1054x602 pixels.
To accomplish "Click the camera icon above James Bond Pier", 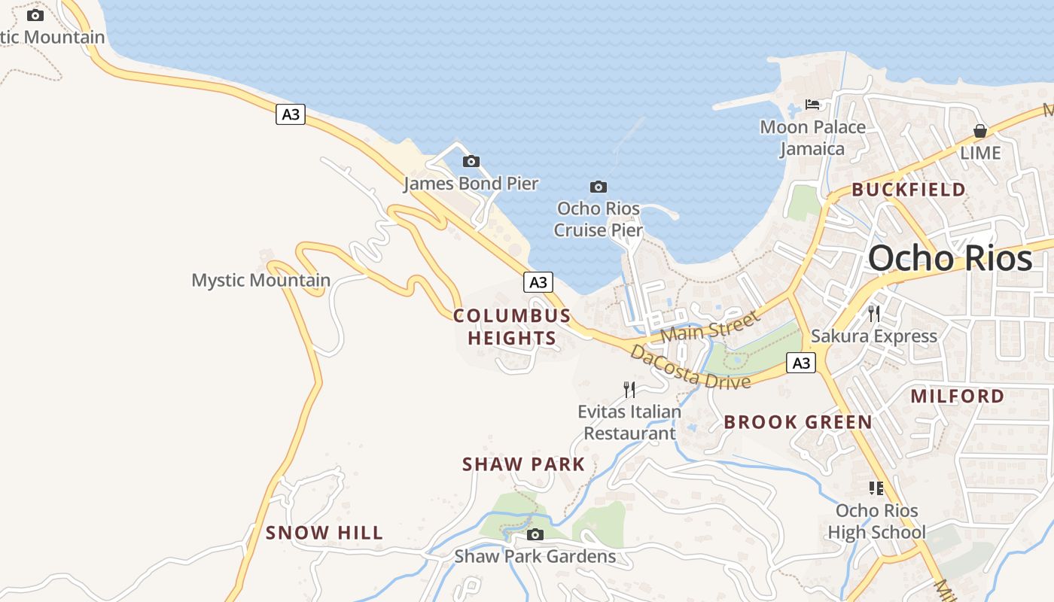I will [x=471, y=161].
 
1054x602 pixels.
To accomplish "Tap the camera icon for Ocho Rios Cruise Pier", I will [x=598, y=187].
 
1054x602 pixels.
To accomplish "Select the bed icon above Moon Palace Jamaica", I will [x=812, y=105].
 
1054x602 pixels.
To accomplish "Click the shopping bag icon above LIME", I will [x=979, y=131].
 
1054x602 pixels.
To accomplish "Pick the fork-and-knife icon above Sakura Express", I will [x=874, y=313].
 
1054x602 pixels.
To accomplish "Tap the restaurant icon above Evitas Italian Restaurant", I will [x=629, y=389].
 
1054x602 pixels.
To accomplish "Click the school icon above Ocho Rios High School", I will [x=876, y=488].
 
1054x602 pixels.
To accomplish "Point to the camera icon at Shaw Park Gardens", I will [x=535, y=535].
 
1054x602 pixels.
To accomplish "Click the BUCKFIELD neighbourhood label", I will [x=909, y=190].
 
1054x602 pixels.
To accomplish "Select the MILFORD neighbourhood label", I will [x=958, y=396].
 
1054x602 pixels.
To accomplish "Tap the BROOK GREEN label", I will [x=798, y=422].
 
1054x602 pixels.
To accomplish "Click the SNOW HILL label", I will [x=324, y=533].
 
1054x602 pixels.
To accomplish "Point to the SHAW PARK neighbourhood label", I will [x=524, y=464].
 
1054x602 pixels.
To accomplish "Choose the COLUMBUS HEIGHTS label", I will [x=512, y=327].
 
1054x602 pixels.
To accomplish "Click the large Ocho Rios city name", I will [x=950, y=258].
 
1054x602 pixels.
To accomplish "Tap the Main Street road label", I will [x=710, y=327].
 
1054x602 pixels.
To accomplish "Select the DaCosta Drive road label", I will [x=690, y=366].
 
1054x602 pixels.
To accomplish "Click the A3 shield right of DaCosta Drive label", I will [x=801, y=363].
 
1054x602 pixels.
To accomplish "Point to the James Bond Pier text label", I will [x=471, y=184].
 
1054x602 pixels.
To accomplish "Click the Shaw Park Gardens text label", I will [x=535, y=557].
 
